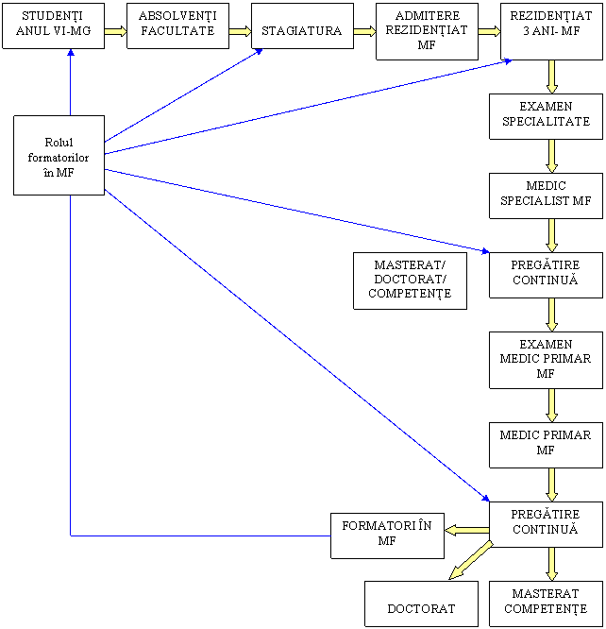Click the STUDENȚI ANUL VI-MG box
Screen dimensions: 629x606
coord(52,25)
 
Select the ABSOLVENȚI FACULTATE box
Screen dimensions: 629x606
coord(177,25)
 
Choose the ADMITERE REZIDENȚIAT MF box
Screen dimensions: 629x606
coord(426,30)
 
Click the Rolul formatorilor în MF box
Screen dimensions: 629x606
coord(59,156)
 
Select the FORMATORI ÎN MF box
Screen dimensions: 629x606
coord(386,534)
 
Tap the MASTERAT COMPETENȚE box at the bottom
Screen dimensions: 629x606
coord(551,602)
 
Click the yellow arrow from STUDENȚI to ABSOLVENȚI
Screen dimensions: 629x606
coord(115,30)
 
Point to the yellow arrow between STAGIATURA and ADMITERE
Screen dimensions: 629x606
coord(364,30)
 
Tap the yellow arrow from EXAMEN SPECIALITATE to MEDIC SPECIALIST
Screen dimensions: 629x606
coord(551,155)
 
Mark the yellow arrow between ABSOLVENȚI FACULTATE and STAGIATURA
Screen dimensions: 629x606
coord(240,30)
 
